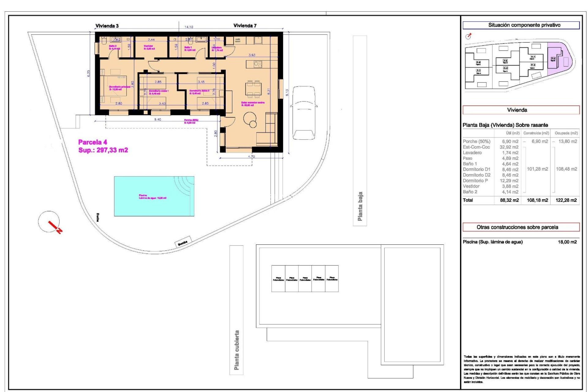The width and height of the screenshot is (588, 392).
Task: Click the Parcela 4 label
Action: tap(92, 142)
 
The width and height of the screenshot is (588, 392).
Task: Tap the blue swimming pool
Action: tap(154, 196)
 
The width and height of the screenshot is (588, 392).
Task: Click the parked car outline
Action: tap(303, 112)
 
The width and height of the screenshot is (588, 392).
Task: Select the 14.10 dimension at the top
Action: tap(189, 27)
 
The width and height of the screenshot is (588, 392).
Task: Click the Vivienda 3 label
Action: tap(107, 26)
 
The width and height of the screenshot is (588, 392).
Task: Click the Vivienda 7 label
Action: tap(245, 25)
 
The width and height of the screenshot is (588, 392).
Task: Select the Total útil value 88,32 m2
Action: tap(509, 200)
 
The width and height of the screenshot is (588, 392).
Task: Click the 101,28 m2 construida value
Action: tap(537, 169)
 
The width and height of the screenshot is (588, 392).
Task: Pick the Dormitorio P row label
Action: tap(475, 181)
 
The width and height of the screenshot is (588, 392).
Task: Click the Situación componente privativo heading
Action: tap(524, 25)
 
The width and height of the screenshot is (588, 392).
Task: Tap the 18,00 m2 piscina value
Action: tap(567, 242)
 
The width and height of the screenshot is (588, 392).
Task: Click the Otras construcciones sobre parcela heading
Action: tap(517, 227)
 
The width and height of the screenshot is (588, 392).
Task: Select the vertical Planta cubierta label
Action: tap(236, 350)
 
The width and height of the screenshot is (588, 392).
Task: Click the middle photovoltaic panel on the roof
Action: tap(305, 279)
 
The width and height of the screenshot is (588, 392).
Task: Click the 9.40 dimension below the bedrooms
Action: tap(157, 119)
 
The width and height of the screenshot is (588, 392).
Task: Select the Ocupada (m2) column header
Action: tap(566, 133)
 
